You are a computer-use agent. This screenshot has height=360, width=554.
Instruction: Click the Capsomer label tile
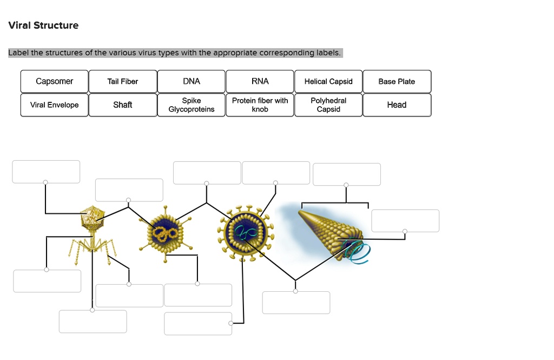point(54,81)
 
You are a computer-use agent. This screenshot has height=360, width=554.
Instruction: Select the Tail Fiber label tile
point(123,81)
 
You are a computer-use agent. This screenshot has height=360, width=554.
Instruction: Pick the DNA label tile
point(192,81)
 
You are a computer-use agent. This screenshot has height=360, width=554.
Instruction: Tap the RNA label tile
point(260,81)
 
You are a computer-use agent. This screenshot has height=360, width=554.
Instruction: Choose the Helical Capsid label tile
point(328,81)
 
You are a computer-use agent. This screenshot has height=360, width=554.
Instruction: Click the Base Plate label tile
point(397,81)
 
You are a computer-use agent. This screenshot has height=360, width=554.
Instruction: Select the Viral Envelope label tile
point(54,105)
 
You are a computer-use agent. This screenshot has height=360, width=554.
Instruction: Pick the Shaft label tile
point(123,105)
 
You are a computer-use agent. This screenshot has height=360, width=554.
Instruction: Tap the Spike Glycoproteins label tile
point(192,105)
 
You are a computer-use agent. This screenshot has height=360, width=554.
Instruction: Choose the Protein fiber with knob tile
point(260,105)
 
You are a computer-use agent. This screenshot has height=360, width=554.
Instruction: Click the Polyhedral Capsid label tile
point(328,105)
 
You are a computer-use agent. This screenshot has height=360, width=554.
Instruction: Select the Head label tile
point(397,105)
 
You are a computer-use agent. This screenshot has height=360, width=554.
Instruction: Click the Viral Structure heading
point(43,25)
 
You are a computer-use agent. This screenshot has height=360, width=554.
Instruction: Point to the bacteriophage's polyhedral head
point(91,218)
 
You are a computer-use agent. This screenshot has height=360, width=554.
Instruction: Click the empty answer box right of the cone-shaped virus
point(405,221)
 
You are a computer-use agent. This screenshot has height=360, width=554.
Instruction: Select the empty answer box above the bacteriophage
point(46,172)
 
